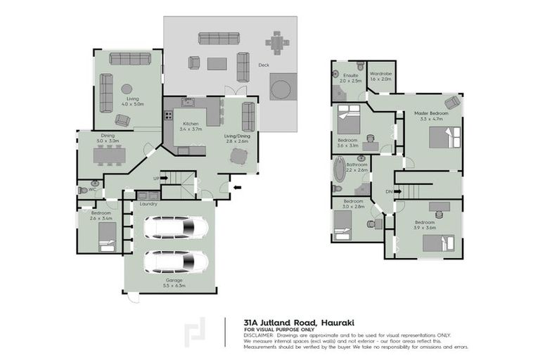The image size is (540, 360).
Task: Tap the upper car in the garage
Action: point(176,227)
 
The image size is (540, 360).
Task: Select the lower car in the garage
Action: point(176,262)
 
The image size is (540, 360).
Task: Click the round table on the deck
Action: point(281,89)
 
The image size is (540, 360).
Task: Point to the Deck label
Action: point(264,65)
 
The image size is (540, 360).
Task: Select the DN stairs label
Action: point(387,190)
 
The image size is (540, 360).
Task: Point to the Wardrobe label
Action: point(380,74)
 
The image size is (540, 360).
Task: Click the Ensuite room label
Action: point(351,75)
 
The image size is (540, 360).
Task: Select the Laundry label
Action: point(148,205)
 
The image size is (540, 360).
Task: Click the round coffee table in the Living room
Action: point(127,89)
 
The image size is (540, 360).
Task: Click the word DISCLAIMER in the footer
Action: point(260,334)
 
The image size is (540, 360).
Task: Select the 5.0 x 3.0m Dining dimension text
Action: point(108,141)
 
